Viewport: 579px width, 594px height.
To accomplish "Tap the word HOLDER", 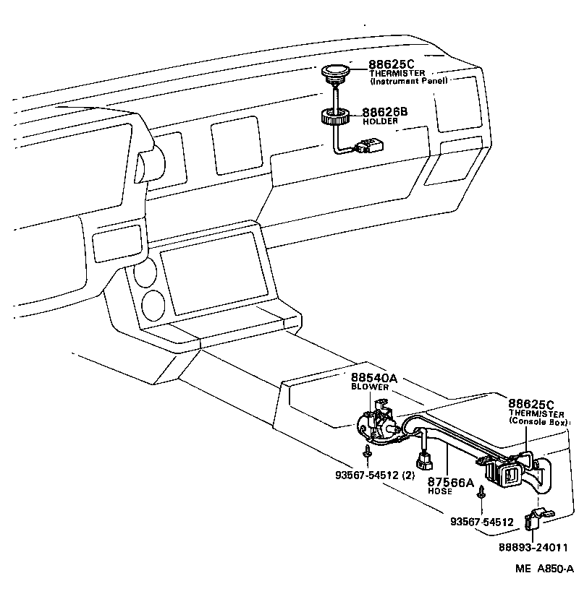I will (x=376, y=121).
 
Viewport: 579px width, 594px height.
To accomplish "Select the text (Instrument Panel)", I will (x=409, y=81).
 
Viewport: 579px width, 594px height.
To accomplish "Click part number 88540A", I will (x=375, y=378).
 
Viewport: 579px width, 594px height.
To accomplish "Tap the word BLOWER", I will (x=370, y=387).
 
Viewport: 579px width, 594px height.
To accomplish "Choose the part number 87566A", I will (x=449, y=482).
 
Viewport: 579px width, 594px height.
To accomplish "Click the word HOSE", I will (x=439, y=491).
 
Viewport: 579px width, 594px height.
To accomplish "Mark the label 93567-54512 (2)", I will (x=375, y=475).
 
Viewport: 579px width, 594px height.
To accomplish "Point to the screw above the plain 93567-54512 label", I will (x=480, y=496).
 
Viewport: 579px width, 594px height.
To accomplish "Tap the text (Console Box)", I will (x=538, y=421).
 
